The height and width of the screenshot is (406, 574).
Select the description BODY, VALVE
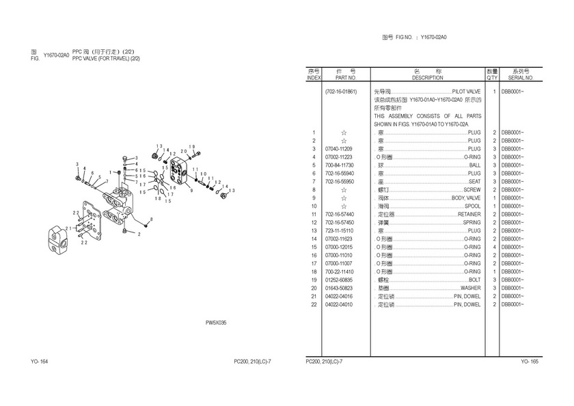466,198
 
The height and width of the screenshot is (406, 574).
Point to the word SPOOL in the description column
473,206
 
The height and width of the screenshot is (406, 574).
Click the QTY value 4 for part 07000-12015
492,247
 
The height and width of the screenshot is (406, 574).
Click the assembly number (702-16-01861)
340,91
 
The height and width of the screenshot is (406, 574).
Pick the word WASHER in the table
470,288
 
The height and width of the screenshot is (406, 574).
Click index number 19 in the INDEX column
314,280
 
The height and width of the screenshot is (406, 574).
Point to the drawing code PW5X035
216,323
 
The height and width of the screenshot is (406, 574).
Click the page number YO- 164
38,361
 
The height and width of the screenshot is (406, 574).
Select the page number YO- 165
530,361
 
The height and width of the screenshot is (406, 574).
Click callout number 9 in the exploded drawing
191,190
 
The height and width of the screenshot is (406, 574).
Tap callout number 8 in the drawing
151,219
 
